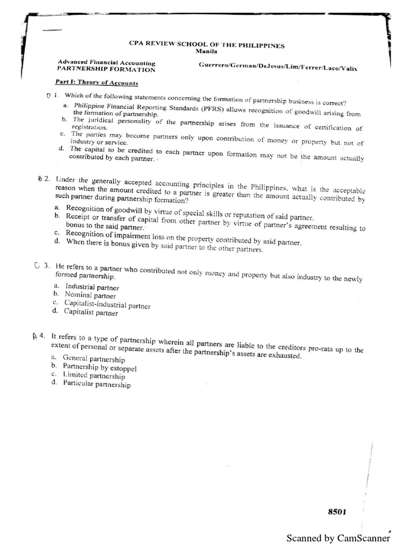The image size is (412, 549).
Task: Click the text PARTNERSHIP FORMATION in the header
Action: point(106,69)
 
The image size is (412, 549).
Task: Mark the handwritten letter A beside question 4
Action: point(34,336)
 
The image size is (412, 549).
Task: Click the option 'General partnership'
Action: point(94,359)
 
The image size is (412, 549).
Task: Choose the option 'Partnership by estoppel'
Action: point(100,368)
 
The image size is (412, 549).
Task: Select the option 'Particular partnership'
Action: point(96,384)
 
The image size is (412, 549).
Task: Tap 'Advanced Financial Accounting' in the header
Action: point(106,62)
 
